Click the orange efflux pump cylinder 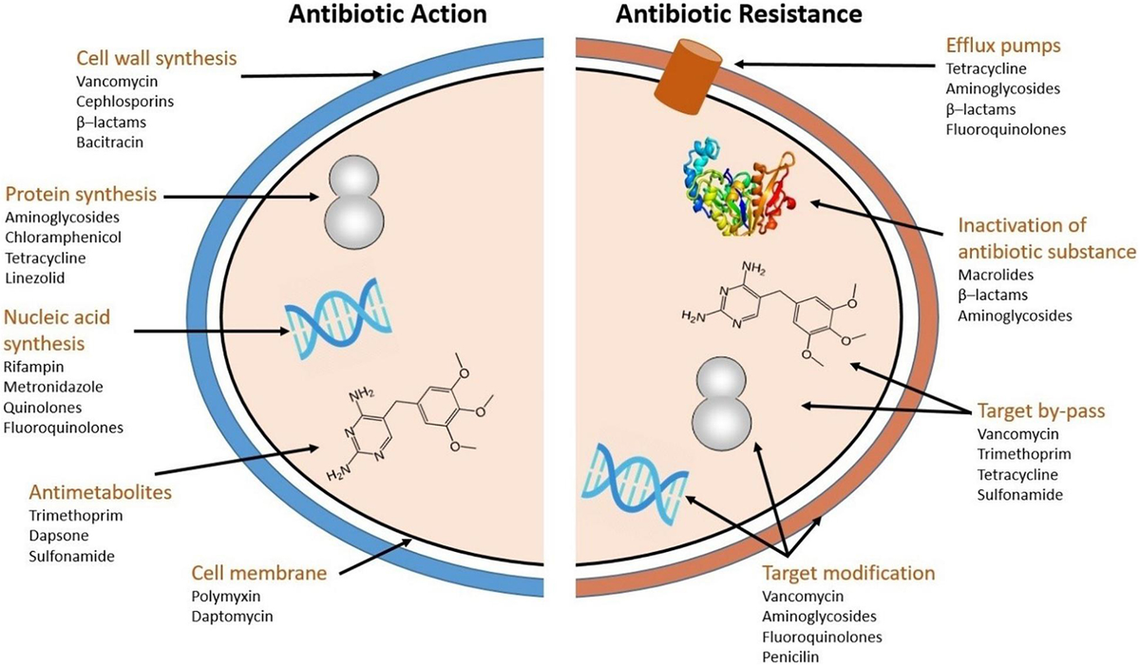click(688, 76)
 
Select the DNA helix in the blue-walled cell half click(338, 318)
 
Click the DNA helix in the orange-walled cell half click(635, 484)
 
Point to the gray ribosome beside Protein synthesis click(354, 202)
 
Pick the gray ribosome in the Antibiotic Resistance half click(722, 403)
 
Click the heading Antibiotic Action click(388, 14)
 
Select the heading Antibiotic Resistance click(739, 14)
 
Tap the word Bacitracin click(110, 143)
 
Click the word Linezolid click(35, 277)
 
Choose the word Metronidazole click(53, 387)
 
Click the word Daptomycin click(233, 617)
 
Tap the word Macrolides click(996, 275)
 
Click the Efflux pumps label click(1003, 46)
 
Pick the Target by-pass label click(1041, 411)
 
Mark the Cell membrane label click(259, 573)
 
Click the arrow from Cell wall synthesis click(312, 76)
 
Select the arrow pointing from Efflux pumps click(835, 65)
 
